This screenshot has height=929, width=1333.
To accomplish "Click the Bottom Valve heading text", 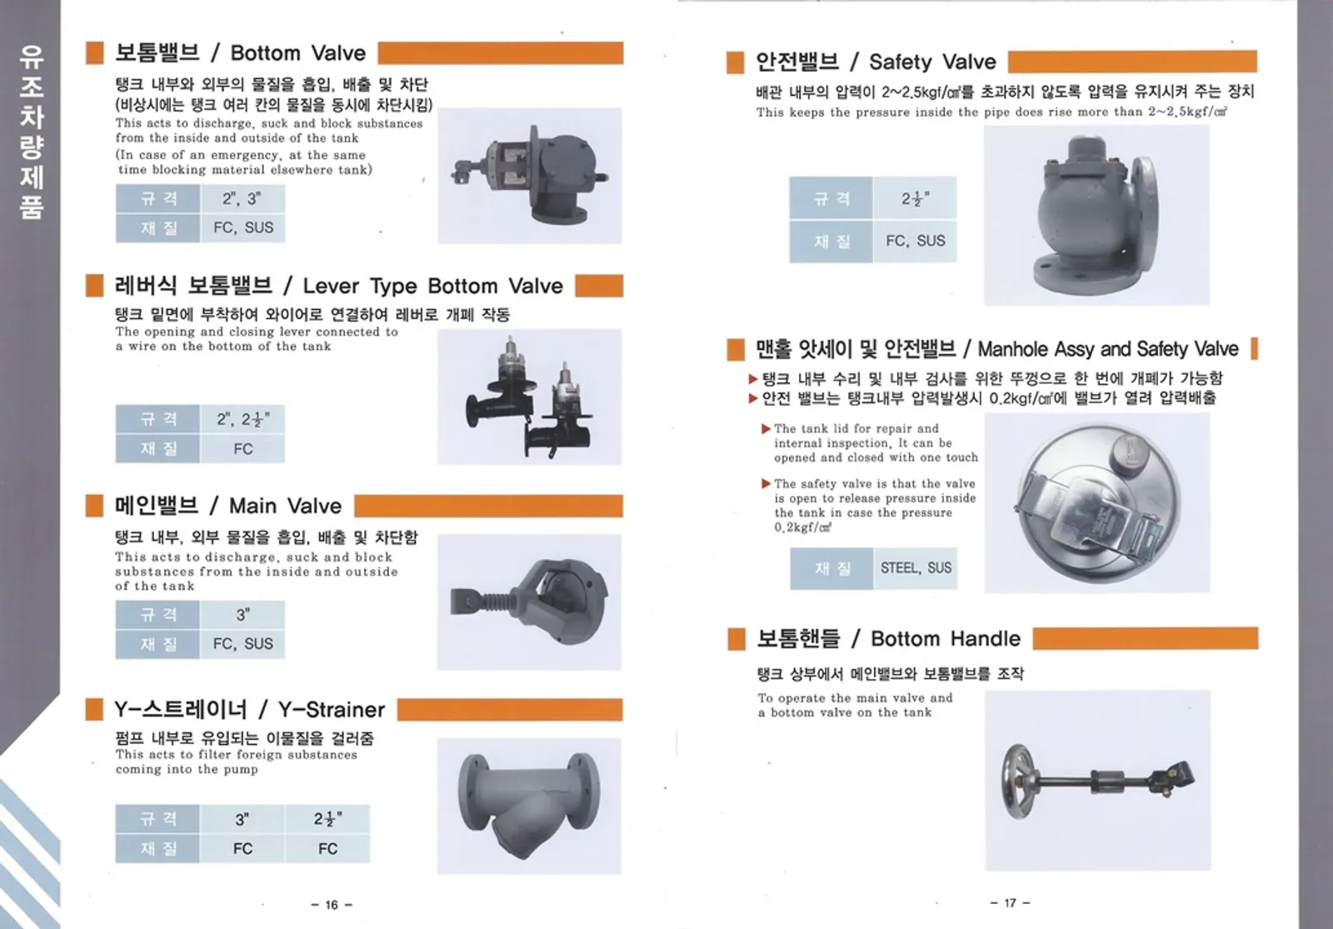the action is (x=241, y=53).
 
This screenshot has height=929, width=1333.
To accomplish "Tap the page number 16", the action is (x=332, y=905).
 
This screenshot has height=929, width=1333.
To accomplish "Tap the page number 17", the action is (x=1010, y=903).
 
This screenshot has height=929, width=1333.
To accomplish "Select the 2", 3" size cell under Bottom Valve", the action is (x=242, y=198).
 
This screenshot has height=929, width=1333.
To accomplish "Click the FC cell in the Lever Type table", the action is (x=242, y=449).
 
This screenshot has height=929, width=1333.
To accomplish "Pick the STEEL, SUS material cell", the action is (x=916, y=567).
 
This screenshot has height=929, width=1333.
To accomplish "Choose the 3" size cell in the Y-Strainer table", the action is (x=242, y=819).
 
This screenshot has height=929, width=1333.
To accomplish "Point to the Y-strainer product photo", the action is (x=529, y=806).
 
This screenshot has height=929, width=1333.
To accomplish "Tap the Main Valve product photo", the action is (x=529, y=602).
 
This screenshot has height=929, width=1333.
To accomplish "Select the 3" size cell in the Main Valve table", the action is (x=242, y=615).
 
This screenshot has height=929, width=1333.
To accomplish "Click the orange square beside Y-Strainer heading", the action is (x=94, y=709).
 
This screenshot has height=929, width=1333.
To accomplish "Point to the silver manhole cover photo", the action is (x=1097, y=503).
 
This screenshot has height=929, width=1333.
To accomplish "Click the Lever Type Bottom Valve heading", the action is (x=338, y=286).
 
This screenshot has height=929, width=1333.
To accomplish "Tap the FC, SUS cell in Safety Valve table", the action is (x=916, y=241).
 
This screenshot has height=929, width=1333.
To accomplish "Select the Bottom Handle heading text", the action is (x=888, y=638).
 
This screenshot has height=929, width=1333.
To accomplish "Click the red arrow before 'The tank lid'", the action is (x=766, y=428).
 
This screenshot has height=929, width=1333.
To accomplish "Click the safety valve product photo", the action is (x=1096, y=216).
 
